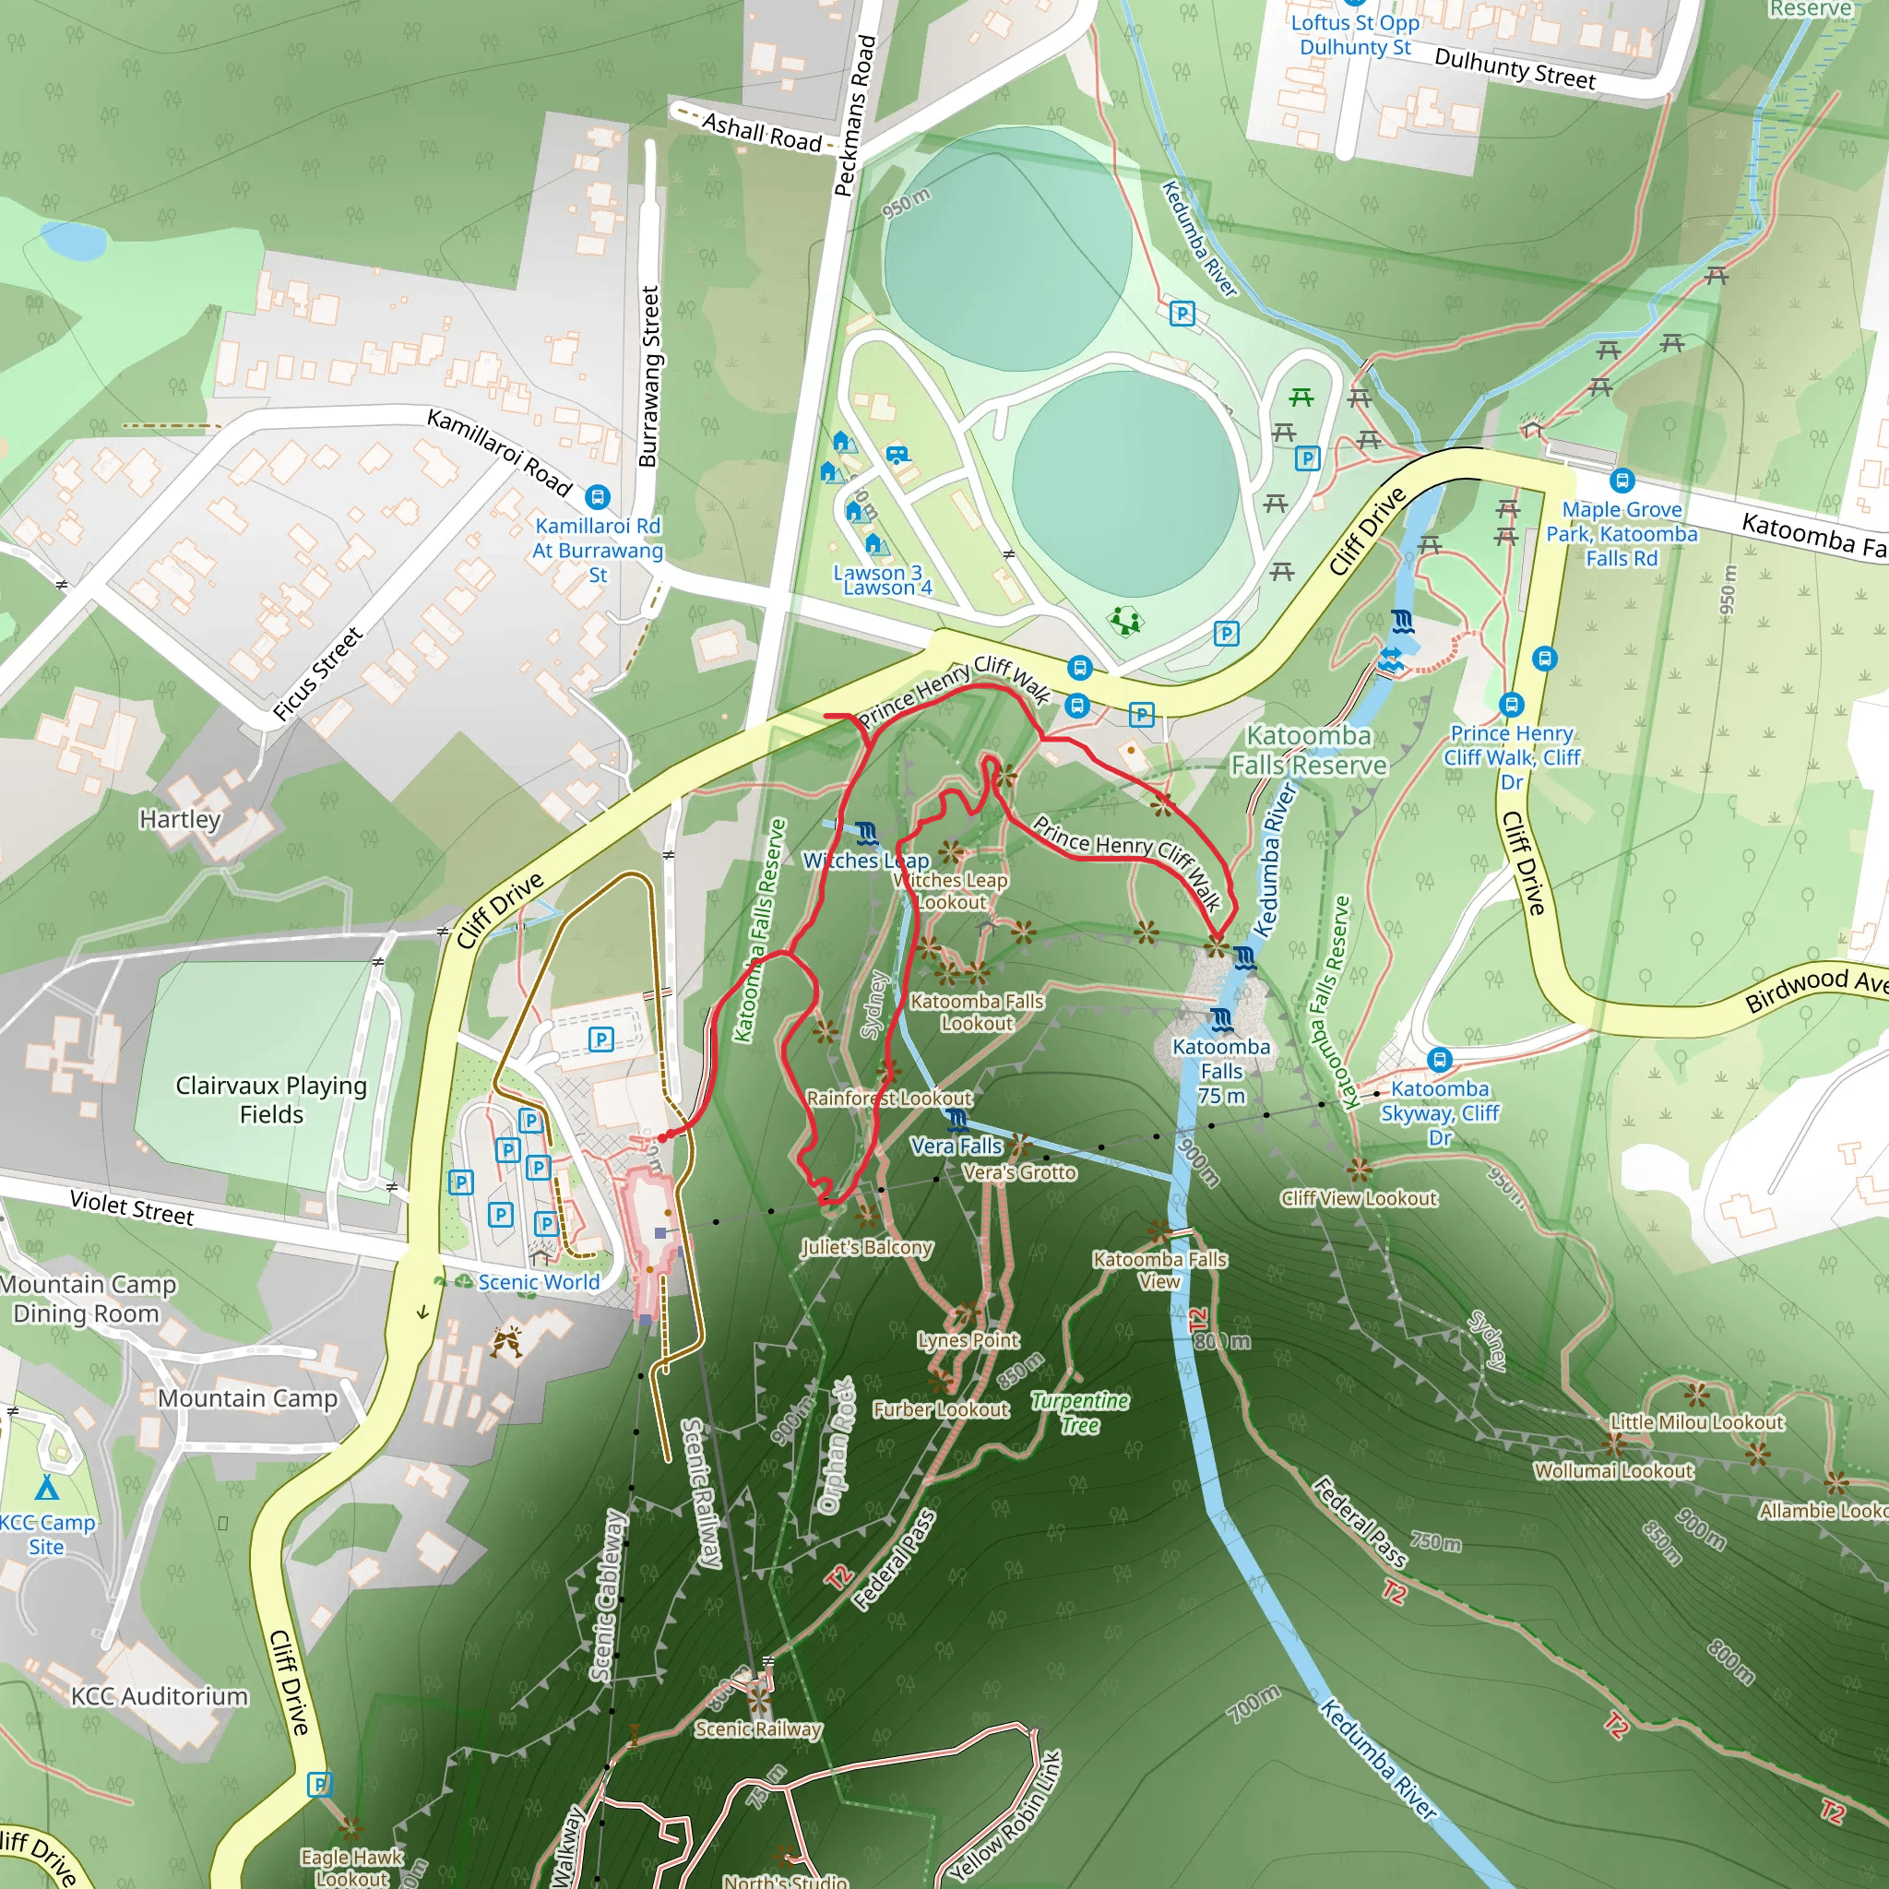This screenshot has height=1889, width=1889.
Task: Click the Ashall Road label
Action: (x=762, y=133)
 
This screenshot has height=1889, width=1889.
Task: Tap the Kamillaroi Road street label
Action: (x=499, y=452)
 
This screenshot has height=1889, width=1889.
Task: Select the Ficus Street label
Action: (x=318, y=673)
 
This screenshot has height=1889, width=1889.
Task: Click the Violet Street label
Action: (x=132, y=1207)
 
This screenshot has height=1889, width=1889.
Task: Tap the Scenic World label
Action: (x=539, y=1282)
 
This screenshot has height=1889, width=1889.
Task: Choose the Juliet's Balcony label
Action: (x=866, y=1248)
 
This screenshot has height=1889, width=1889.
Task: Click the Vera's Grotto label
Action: (x=1019, y=1172)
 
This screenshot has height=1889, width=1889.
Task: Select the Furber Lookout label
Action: (x=941, y=1409)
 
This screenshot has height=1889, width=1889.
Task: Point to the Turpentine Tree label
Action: (x=1079, y=1413)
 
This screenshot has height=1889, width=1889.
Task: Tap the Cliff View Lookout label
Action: (x=1358, y=1198)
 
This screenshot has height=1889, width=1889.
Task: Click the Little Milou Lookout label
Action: (x=1696, y=1422)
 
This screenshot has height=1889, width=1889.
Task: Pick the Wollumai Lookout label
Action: (x=1612, y=1470)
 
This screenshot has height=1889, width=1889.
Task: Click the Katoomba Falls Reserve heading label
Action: (x=1308, y=750)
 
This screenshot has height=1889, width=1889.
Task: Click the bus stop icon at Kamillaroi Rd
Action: (x=598, y=497)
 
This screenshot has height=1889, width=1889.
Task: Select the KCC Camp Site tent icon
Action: (x=46, y=1488)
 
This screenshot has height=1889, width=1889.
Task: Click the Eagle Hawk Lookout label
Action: (x=351, y=1867)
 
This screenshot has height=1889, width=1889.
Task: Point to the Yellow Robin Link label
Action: (x=1005, y=1815)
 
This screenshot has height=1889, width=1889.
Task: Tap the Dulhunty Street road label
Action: (x=1514, y=68)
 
